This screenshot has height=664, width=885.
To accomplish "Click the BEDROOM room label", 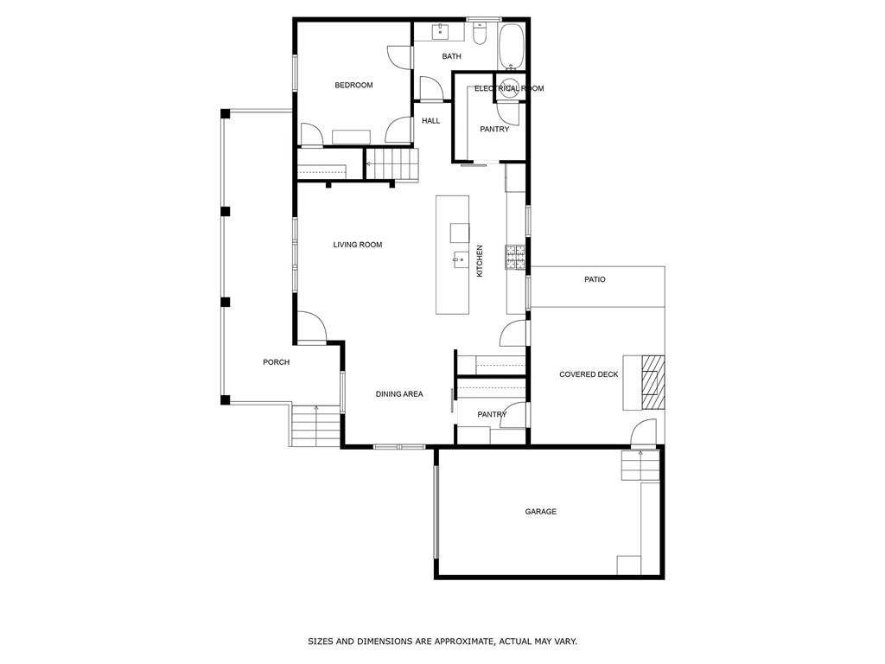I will (x=353, y=85).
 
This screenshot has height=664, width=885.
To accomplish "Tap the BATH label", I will (x=451, y=56).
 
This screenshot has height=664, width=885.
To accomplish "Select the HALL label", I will (x=430, y=121).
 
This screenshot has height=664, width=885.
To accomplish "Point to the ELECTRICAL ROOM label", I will (x=508, y=88).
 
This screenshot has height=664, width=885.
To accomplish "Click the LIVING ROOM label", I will (x=357, y=245).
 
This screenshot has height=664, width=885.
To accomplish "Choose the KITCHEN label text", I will (x=480, y=260).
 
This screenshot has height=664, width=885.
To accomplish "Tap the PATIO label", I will (x=594, y=279).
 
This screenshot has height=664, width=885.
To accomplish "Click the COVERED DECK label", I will (x=589, y=374).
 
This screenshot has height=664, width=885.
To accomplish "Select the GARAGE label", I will (x=540, y=512).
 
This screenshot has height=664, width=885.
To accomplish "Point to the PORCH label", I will (x=276, y=362).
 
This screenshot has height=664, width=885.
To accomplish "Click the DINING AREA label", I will (x=398, y=394).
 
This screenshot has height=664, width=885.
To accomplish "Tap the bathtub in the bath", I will (x=511, y=46).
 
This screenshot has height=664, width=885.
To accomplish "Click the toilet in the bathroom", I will (x=481, y=34).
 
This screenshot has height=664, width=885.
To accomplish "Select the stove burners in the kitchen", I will (x=516, y=254).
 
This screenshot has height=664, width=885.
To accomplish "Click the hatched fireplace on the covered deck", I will (x=653, y=381).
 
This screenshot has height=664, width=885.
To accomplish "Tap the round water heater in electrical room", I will (x=510, y=89).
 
